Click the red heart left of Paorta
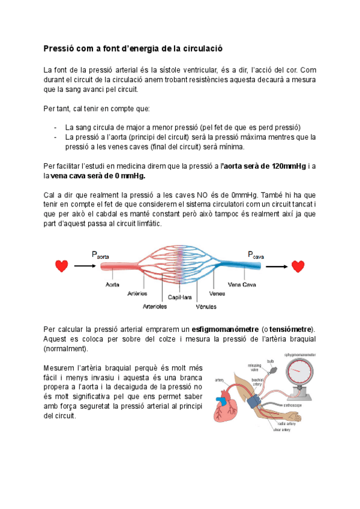pyautogui.click(x=61, y=266)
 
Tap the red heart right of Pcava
pyautogui.click(x=298, y=266)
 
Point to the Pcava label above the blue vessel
pyautogui.click(x=256, y=255)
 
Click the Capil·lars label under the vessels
pyautogui.click(x=179, y=297)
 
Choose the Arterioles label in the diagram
pyautogui.click(x=155, y=306)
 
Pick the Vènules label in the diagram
pyautogui.click(x=206, y=306)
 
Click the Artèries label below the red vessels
pyautogui.click(x=137, y=294)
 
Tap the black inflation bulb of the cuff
pyautogui.click(x=272, y=371)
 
